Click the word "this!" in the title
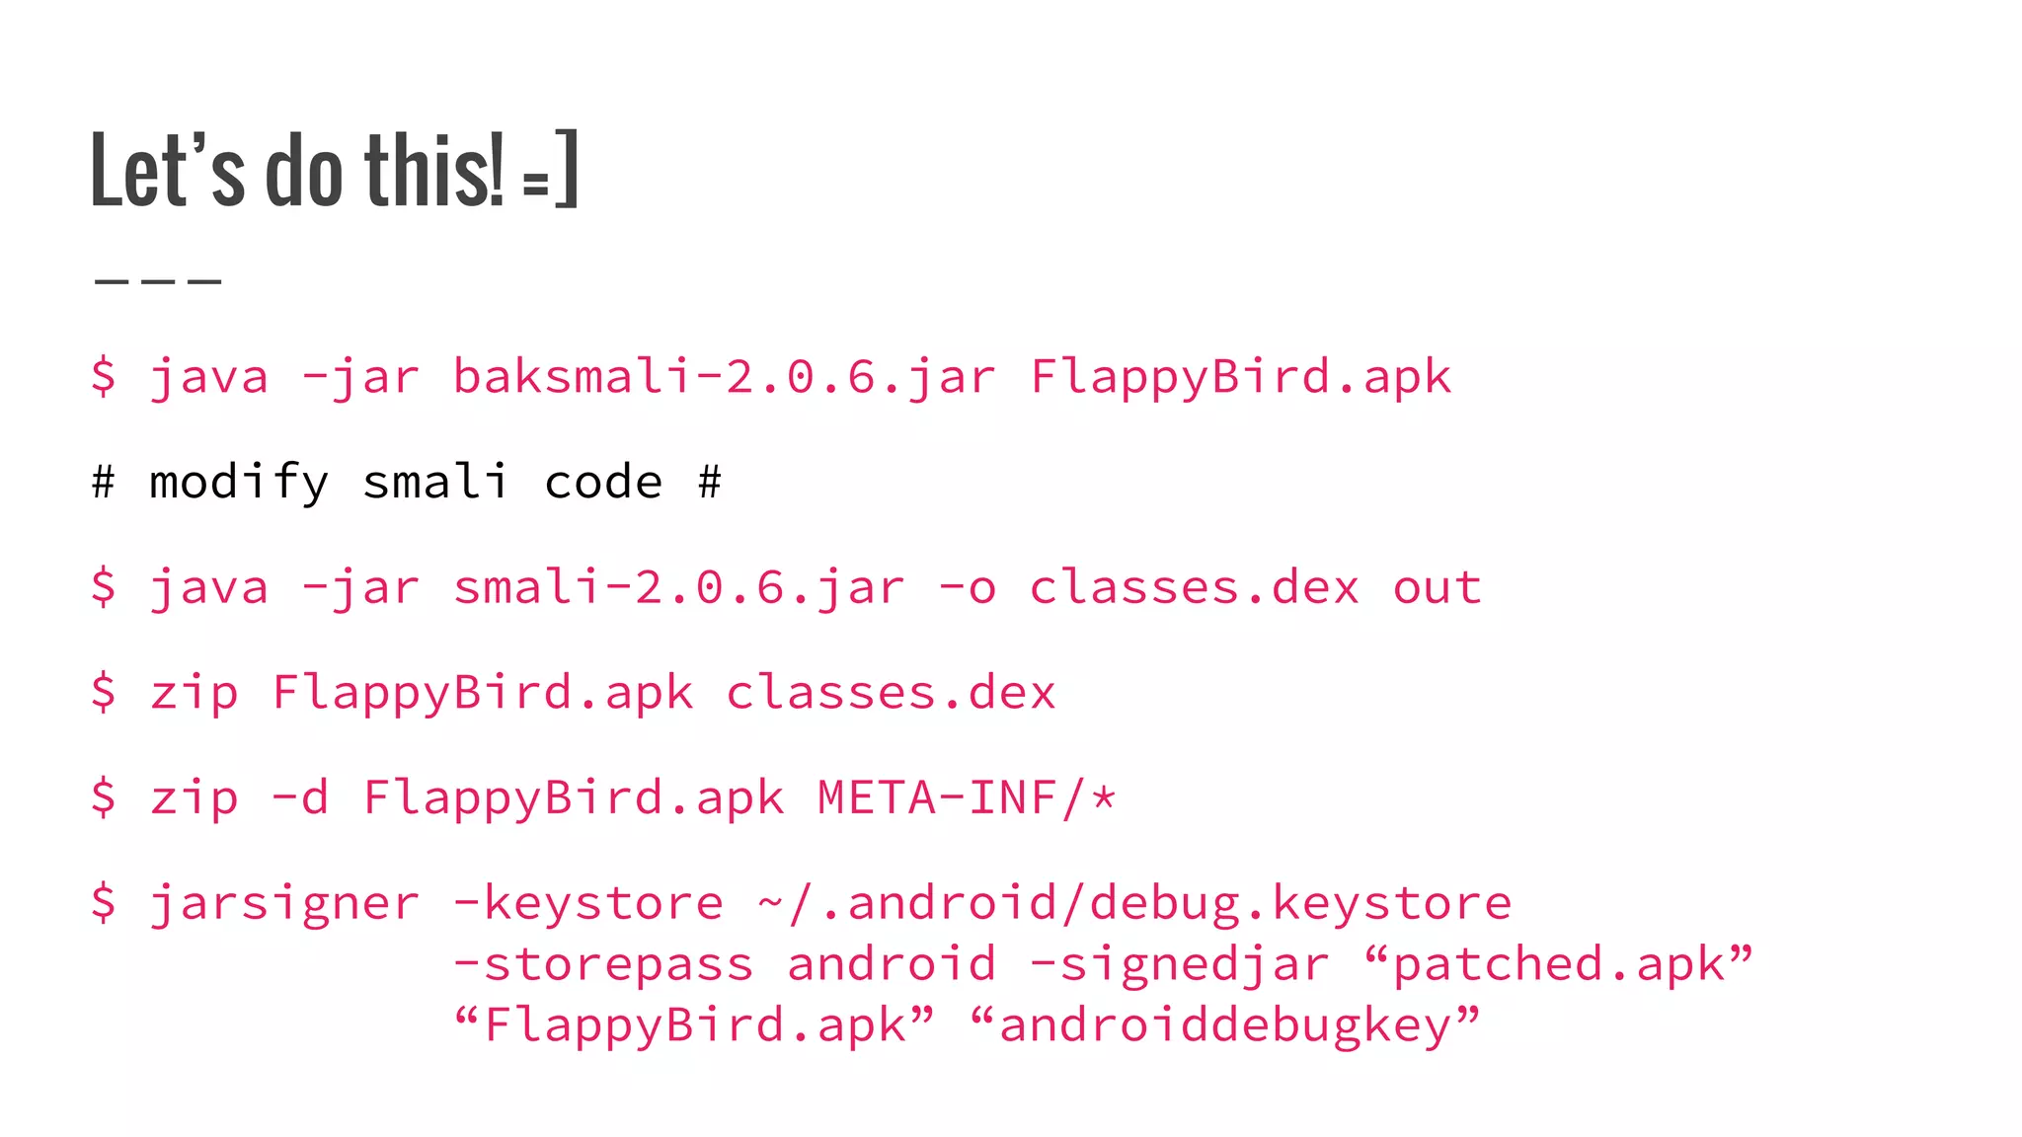click(x=434, y=171)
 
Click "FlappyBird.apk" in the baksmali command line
click(x=1240, y=377)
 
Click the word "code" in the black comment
click(x=603, y=483)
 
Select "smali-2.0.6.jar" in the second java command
click(x=679, y=588)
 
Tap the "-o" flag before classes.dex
click(x=968, y=588)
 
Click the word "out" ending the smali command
click(x=1438, y=588)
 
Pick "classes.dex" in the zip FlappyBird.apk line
click(x=891, y=693)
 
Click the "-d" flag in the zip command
click(x=300, y=797)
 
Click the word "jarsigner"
click(x=284, y=903)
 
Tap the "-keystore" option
click(x=588, y=903)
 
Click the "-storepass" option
click(x=603, y=964)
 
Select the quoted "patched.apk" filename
click(x=1560, y=964)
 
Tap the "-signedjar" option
click(x=1180, y=964)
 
